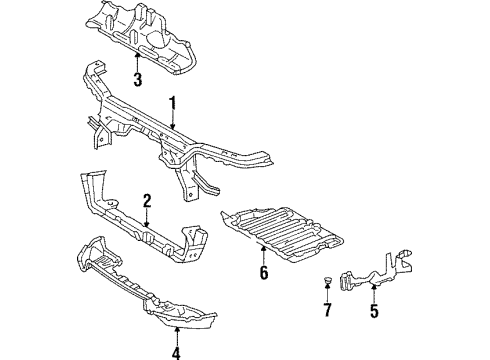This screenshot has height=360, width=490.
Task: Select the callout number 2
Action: click(x=146, y=200)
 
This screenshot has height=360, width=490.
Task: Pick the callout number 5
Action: click(x=375, y=311)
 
